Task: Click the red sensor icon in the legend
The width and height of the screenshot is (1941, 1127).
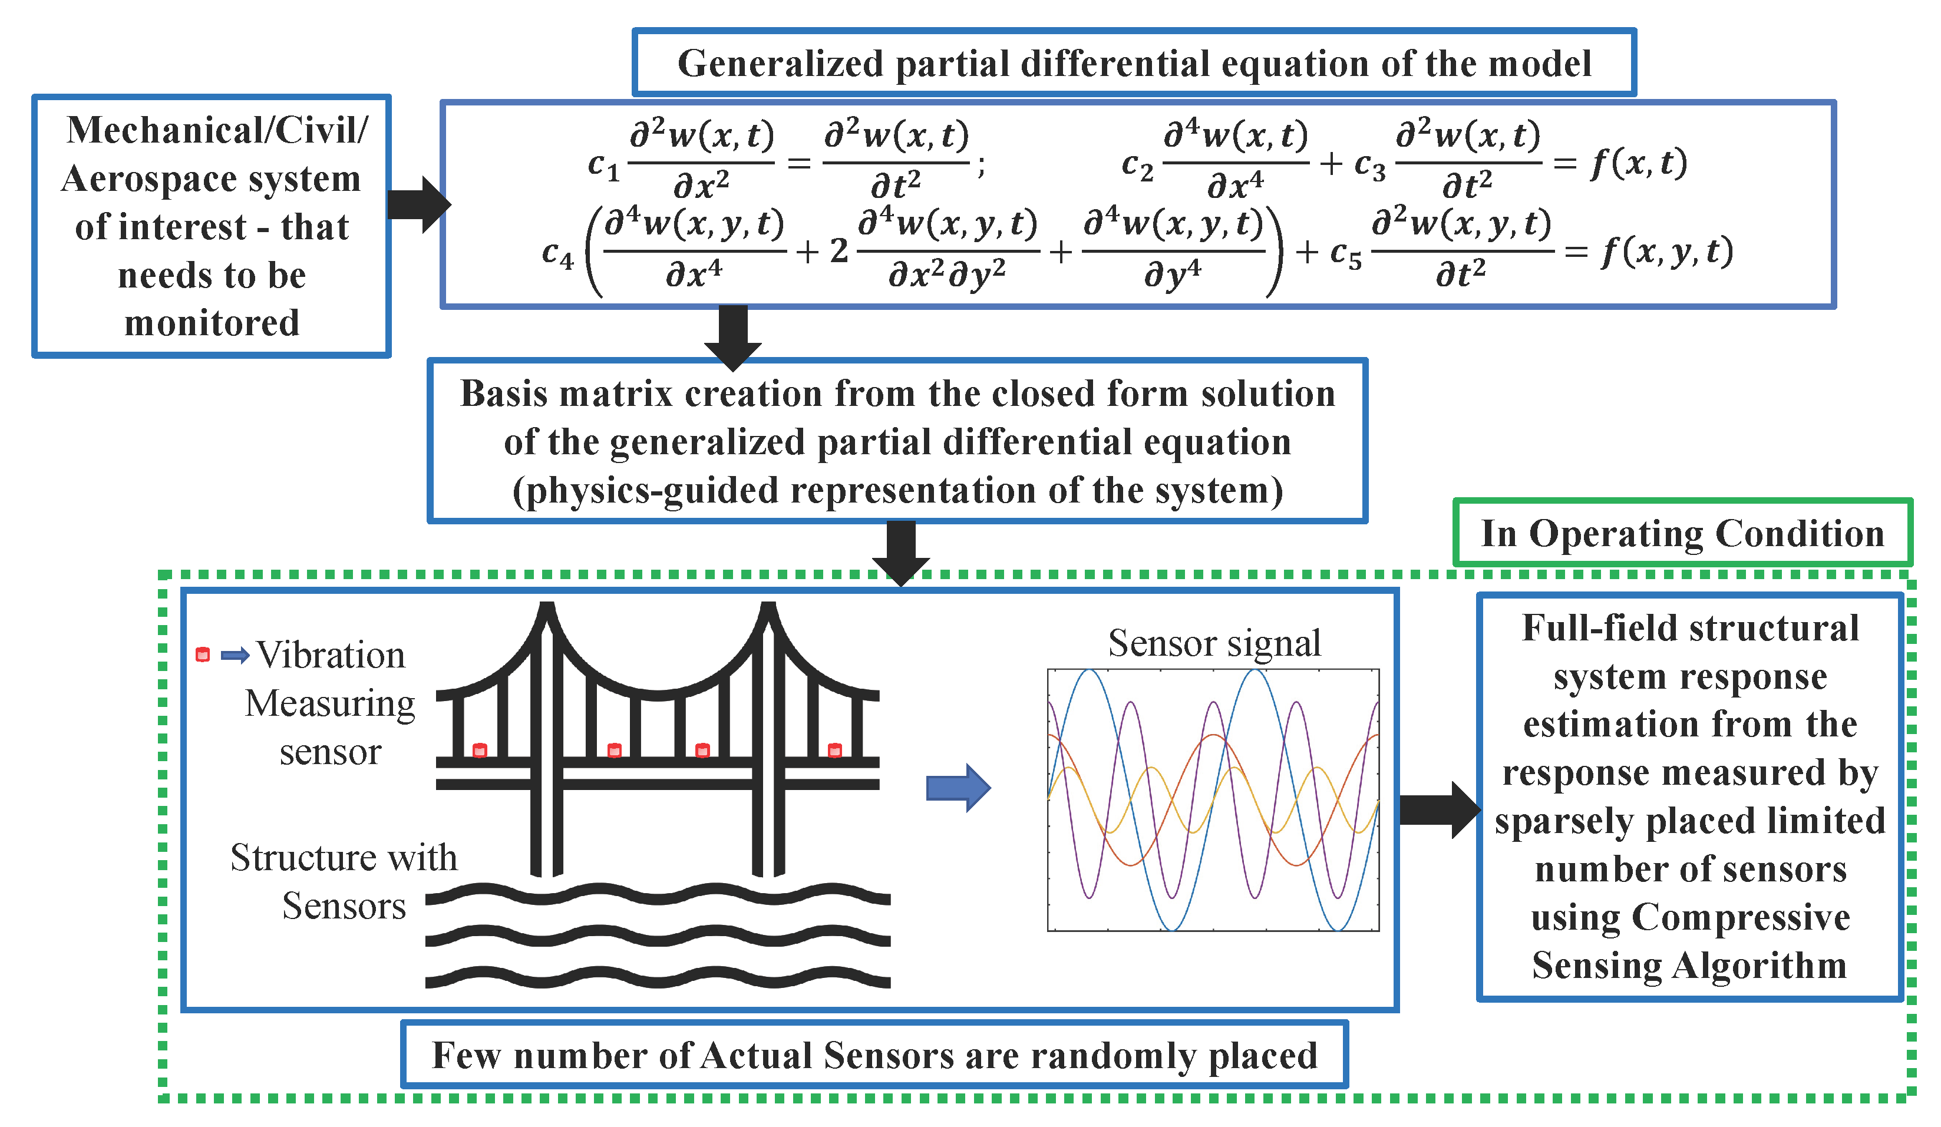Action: pyautogui.click(x=203, y=655)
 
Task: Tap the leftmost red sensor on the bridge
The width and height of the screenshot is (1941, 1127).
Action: pyautogui.click(x=480, y=751)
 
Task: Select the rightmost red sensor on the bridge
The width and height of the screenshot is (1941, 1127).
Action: pyautogui.click(x=835, y=751)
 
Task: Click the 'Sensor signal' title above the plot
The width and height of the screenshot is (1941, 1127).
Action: pyautogui.click(x=1214, y=643)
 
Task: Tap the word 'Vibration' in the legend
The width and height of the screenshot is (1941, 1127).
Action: pyautogui.click(x=331, y=656)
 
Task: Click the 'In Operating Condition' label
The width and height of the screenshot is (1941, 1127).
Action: pyautogui.click(x=1682, y=533)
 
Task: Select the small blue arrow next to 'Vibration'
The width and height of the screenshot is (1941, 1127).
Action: pyautogui.click(x=235, y=656)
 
